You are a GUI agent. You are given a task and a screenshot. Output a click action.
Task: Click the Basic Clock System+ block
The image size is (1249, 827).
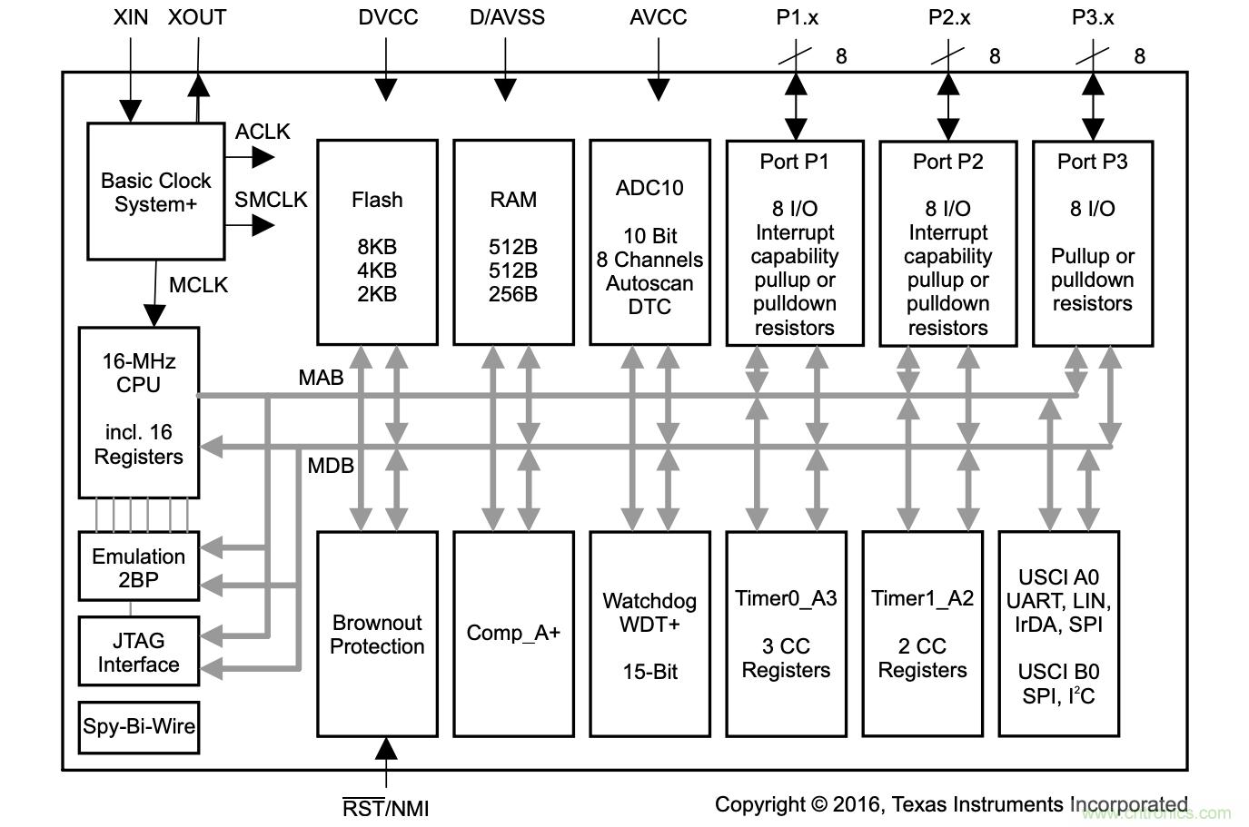click(x=155, y=192)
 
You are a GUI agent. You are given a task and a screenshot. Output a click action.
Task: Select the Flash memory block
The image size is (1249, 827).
click(x=377, y=242)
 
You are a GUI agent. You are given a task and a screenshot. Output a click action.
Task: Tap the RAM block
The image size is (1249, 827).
click(x=513, y=242)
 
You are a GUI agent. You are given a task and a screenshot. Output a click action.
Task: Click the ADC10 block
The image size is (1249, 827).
click(x=649, y=242)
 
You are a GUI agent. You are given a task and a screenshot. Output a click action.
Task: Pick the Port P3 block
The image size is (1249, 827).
click(x=1093, y=243)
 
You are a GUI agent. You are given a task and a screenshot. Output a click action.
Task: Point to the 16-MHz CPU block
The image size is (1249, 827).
click(x=138, y=412)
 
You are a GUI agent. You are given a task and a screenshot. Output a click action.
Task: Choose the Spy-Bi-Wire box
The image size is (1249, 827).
click(x=138, y=726)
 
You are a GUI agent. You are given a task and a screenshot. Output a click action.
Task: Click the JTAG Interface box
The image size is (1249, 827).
click(x=138, y=652)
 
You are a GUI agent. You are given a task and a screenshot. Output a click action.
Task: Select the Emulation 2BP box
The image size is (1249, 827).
click(x=138, y=567)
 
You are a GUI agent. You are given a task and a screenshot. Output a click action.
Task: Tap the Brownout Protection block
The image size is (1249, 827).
click(x=377, y=634)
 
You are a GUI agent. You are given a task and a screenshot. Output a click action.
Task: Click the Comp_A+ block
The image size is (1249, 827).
click(x=513, y=634)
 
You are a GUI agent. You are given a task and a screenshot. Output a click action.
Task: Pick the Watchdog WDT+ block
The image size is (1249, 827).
click(x=649, y=634)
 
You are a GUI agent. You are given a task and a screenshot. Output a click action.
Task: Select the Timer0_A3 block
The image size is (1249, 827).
click(x=786, y=634)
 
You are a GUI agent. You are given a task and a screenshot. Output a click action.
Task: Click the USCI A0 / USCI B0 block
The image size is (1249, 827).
click(x=1058, y=634)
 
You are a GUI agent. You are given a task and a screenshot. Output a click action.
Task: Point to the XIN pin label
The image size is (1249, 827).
click(x=131, y=17)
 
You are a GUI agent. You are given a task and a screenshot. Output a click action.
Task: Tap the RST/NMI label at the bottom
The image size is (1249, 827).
click(x=385, y=808)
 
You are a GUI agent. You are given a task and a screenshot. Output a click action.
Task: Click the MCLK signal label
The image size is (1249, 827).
click(x=198, y=285)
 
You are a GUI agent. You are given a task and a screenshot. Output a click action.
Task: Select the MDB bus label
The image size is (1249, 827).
click(x=331, y=466)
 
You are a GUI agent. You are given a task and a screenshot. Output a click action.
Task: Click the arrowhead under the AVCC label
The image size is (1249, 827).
click(x=658, y=89)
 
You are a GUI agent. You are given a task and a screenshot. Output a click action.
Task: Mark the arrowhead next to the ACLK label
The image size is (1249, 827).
click(x=263, y=157)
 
